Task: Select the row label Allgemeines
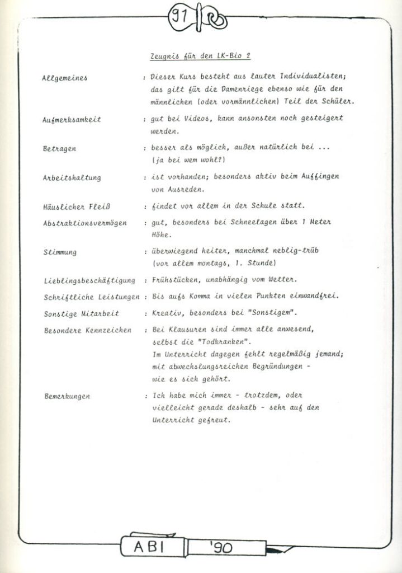click(65, 78)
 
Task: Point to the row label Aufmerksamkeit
click(71, 120)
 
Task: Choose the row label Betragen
click(59, 149)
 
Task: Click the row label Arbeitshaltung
click(72, 178)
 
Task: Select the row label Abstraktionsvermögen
click(84, 223)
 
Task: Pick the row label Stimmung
click(60, 252)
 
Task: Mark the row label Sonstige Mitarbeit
click(81, 314)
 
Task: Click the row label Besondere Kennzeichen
click(87, 330)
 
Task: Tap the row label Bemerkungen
click(67, 396)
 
